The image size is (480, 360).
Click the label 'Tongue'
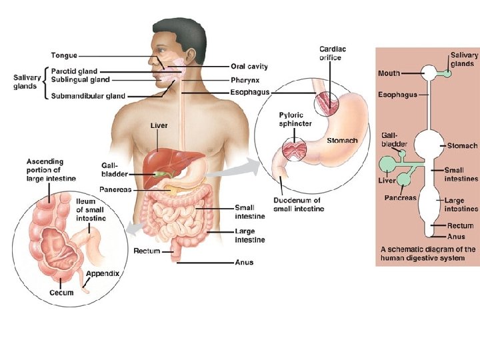point(64,55)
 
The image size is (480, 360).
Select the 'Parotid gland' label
point(74,71)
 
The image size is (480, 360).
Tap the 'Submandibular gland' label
point(88,96)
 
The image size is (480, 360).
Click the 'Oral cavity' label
point(249,66)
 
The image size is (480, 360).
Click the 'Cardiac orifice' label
point(333,53)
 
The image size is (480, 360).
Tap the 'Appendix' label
point(103,273)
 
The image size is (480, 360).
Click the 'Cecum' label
point(61,293)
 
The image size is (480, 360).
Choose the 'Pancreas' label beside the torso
point(115,189)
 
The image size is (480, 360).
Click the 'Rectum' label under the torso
point(147,251)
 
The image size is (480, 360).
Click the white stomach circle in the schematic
point(427,145)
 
